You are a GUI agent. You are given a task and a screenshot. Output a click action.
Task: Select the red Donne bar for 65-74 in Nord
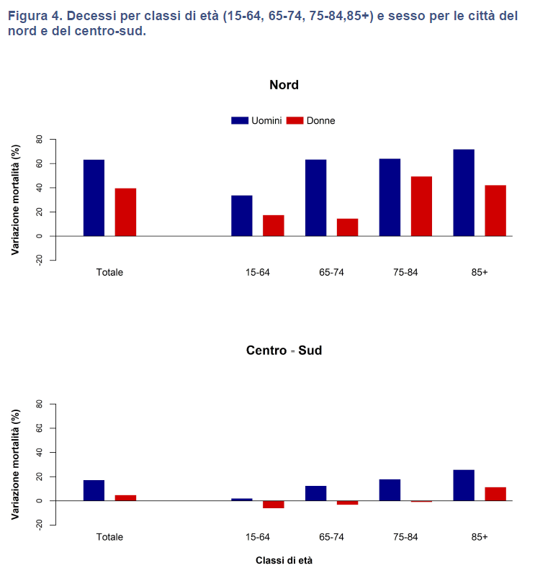pos(347,227)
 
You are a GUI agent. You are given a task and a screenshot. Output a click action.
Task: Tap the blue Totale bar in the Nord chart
pos(94,198)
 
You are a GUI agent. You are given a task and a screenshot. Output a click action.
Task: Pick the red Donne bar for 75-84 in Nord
pos(421,207)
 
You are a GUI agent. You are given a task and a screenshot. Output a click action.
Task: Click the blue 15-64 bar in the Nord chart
pos(241,216)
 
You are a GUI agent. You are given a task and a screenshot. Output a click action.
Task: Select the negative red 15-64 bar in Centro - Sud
pos(273,505)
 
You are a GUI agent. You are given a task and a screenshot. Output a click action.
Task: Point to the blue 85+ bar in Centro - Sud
pos(464,485)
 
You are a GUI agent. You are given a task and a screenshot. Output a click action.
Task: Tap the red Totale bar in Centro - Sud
pos(125,498)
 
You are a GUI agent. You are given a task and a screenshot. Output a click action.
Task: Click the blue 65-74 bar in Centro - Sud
pos(315,493)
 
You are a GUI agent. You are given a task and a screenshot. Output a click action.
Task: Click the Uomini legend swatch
pos(240,120)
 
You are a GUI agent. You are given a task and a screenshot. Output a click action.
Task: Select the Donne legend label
pos(320,120)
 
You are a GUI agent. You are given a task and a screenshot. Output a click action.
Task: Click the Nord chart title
pos(284,85)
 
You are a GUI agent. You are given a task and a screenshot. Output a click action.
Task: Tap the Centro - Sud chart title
pos(284,351)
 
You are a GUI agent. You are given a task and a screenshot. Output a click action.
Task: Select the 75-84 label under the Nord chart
pos(405,272)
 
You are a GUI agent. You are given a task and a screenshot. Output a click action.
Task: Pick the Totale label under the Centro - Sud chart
pos(109,537)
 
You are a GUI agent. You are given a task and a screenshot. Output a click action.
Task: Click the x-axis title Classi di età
pos(284,559)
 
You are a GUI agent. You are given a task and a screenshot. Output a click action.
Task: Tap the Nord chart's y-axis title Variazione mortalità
pos(15,199)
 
